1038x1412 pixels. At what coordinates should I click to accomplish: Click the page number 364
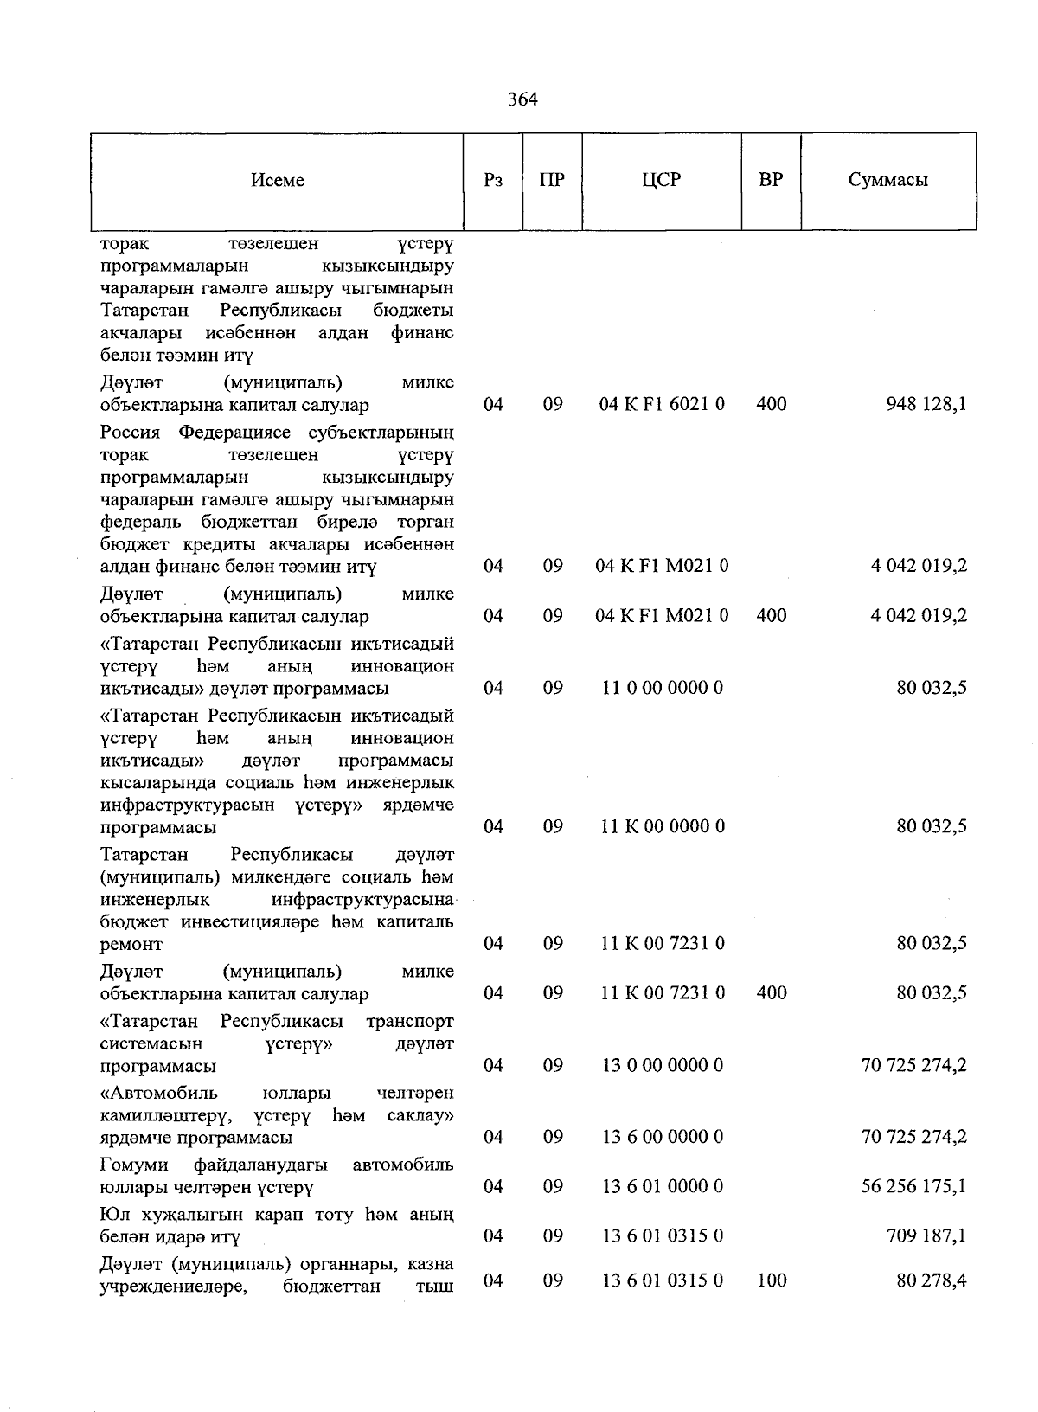[x=522, y=99]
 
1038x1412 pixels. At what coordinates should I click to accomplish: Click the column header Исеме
[x=278, y=180]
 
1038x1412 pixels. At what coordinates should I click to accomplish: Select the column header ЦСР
[x=662, y=180]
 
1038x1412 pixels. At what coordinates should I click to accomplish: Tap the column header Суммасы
[x=887, y=180]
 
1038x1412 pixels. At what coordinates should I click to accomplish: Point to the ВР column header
[x=771, y=180]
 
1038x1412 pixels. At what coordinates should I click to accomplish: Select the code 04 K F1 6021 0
[x=662, y=404]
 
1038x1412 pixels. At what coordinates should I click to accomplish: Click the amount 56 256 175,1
[x=914, y=1186]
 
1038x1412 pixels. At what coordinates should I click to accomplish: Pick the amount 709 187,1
[x=926, y=1235]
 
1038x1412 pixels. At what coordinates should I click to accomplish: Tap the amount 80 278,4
[x=932, y=1280]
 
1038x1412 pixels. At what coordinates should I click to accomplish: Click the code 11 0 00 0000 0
[x=662, y=689]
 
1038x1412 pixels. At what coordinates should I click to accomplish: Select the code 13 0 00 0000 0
[x=662, y=1065]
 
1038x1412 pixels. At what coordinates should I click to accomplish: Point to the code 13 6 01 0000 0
[x=662, y=1186]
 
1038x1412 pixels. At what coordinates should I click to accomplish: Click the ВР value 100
[x=771, y=1280]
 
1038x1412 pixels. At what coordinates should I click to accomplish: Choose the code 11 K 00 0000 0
[x=662, y=826]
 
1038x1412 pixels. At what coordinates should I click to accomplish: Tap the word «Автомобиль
[x=158, y=1094]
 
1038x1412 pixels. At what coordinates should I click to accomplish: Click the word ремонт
[x=131, y=945]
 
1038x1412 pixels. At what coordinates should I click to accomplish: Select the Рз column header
[x=493, y=180]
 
